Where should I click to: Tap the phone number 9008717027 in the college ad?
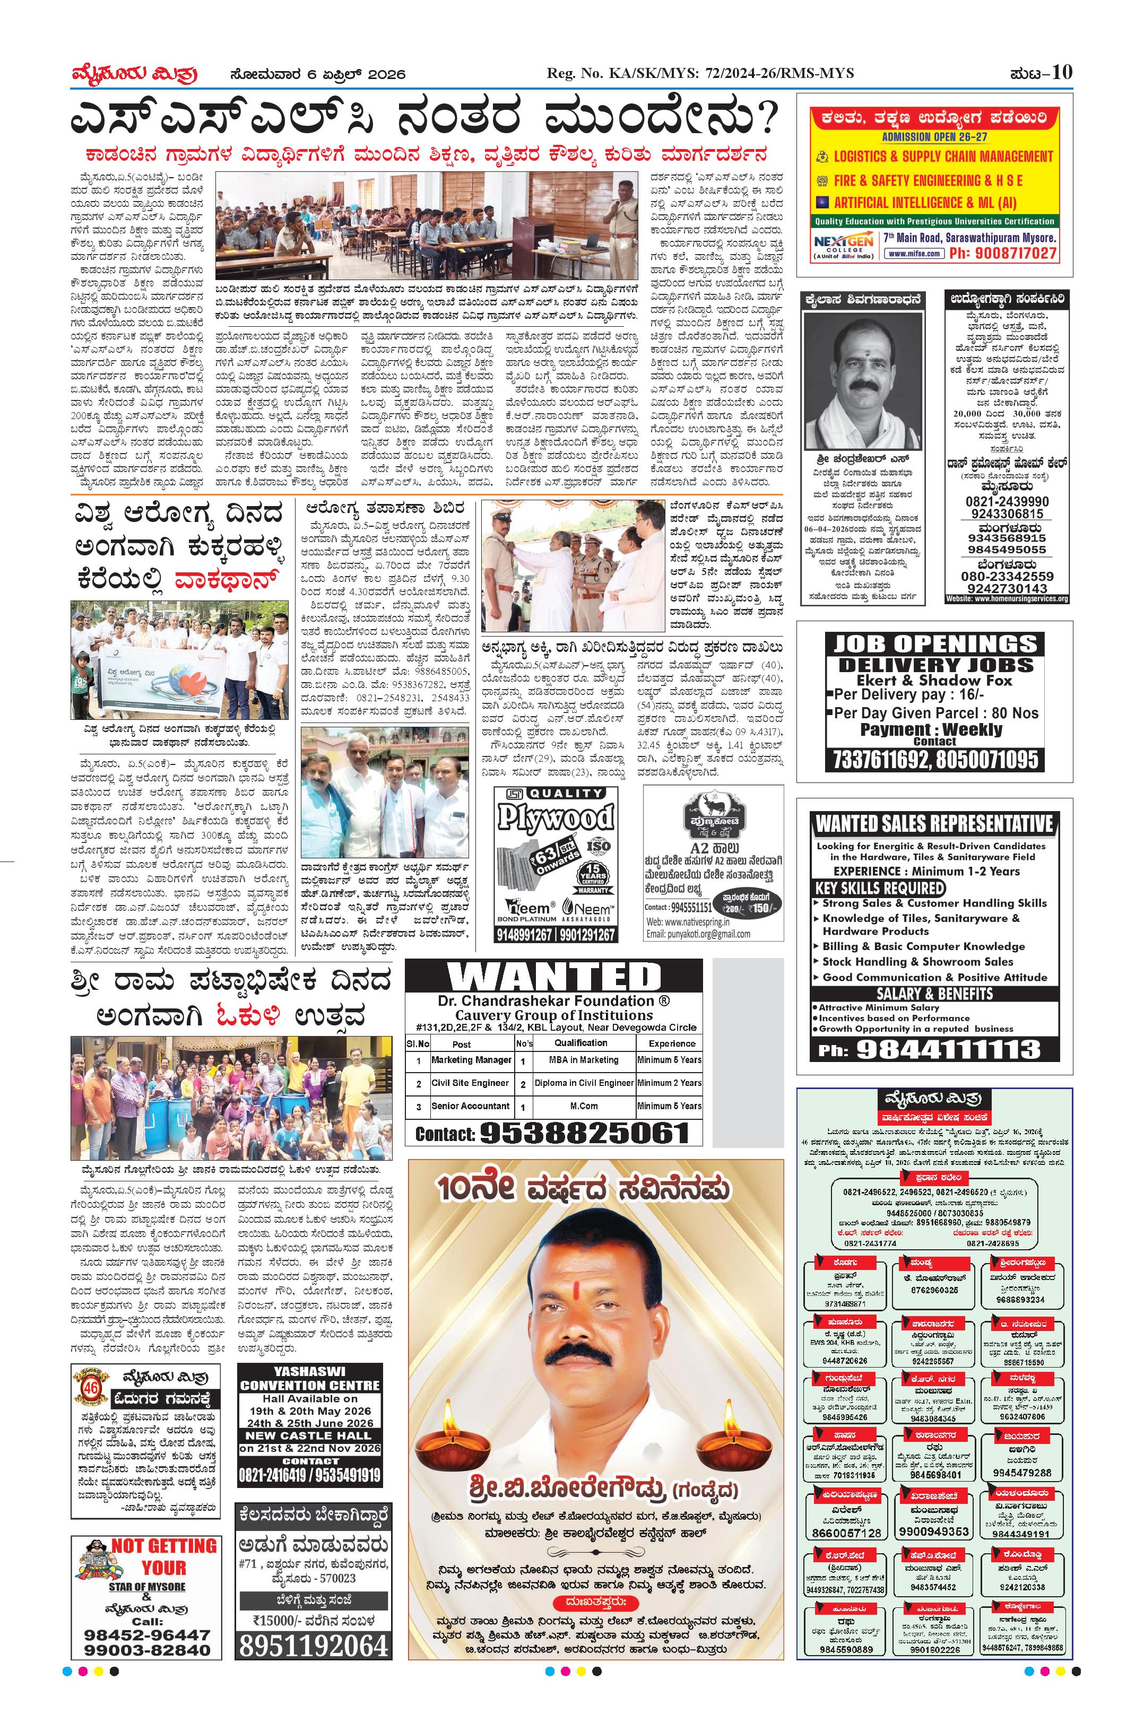1002,253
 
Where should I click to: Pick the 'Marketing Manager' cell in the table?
471,1060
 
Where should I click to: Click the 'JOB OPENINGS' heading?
934,643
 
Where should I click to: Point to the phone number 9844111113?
948,1050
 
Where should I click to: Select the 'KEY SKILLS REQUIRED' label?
879,889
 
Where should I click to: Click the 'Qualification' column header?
580,1043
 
